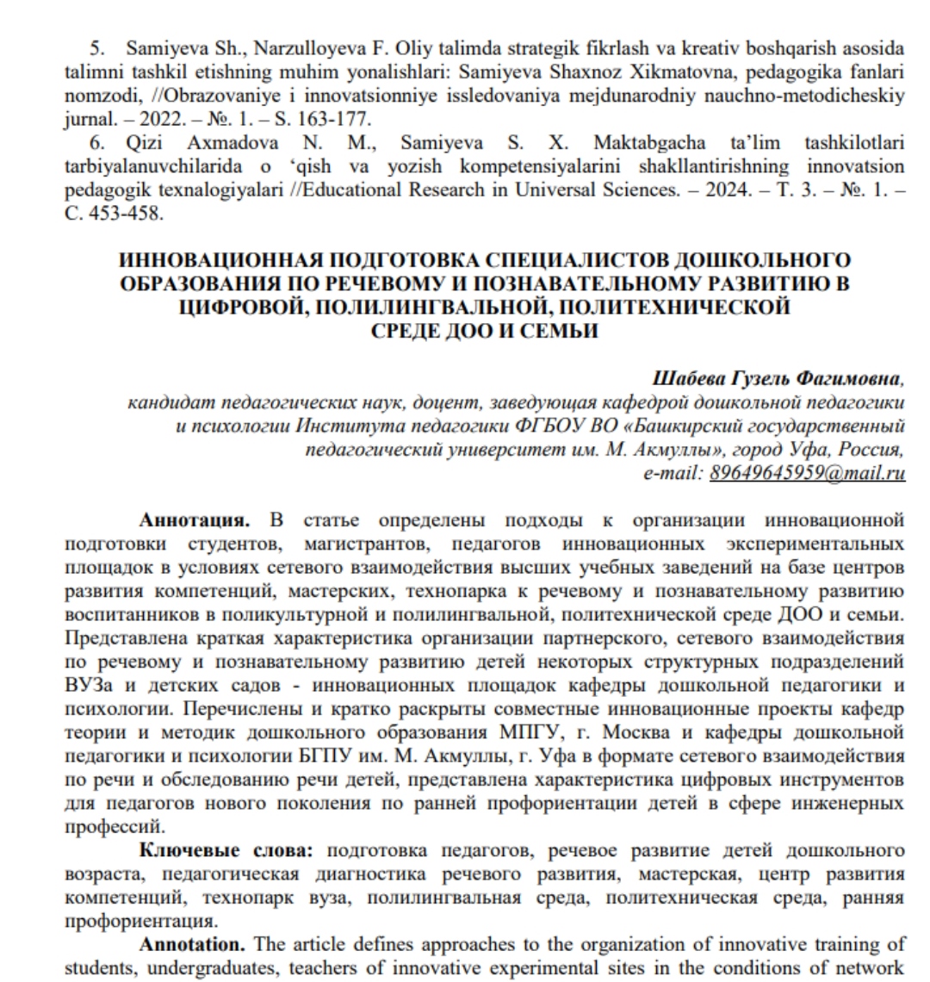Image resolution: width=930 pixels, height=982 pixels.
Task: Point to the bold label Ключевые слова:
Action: [227, 852]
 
